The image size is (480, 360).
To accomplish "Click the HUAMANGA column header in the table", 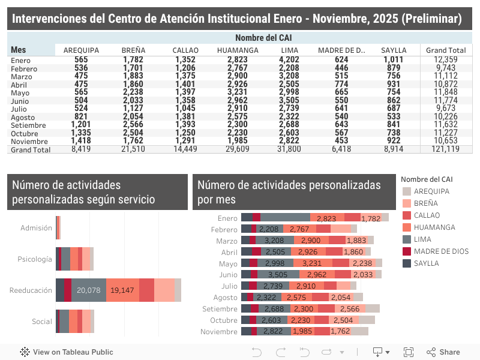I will click(x=238, y=50).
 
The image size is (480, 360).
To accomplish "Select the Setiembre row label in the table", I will click(x=25, y=124).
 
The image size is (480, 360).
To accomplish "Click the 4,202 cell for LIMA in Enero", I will click(x=289, y=59).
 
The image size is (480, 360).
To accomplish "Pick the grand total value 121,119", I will click(x=444, y=149).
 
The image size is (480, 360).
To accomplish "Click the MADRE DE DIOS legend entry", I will click(x=441, y=251).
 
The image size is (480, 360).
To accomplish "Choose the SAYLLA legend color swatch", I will click(x=407, y=263).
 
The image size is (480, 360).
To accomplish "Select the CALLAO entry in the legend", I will click(x=427, y=215).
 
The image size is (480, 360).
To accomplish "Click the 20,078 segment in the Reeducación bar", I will click(x=89, y=290).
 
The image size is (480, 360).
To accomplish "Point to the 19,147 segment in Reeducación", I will click(x=122, y=290).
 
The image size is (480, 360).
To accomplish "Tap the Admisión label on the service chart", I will click(x=36, y=228).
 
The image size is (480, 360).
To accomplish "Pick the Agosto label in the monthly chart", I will click(x=226, y=297).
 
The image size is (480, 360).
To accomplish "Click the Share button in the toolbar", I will click(x=443, y=352).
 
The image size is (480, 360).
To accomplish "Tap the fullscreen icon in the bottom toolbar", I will click(x=409, y=352).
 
